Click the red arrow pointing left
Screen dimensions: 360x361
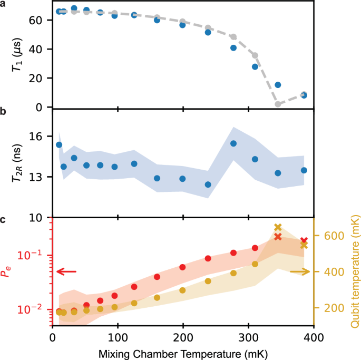(x=66, y=272)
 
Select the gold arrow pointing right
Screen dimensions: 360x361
(x=299, y=272)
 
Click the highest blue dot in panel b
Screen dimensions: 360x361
(x=233, y=143)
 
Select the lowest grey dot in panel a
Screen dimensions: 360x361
(x=278, y=104)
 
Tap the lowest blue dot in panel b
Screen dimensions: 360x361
(x=208, y=184)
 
